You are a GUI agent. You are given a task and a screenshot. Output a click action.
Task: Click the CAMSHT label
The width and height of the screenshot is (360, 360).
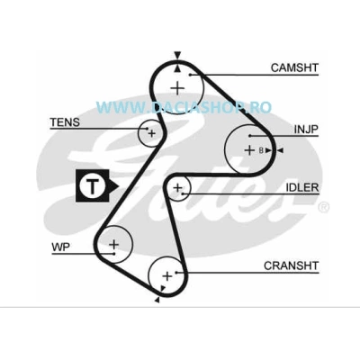click(294, 67)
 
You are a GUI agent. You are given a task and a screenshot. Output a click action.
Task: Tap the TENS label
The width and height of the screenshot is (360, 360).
click(65, 122)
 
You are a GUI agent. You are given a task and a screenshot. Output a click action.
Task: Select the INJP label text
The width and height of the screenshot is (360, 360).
click(306, 130)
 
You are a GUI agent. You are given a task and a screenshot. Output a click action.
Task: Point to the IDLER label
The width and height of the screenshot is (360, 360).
click(301, 187)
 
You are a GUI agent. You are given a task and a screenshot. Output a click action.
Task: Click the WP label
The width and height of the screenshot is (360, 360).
click(60, 247)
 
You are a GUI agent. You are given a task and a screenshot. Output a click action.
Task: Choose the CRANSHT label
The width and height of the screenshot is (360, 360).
click(291, 265)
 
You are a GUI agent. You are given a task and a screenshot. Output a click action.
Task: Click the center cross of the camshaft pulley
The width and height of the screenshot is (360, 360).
click(177, 88)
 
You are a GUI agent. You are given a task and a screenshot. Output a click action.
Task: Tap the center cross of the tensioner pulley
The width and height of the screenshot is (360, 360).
click(152, 133)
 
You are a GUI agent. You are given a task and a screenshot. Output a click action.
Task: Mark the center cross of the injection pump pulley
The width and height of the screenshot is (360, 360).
click(249, 149)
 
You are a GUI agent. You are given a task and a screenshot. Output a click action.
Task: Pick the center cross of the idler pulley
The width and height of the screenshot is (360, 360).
click(177, 188)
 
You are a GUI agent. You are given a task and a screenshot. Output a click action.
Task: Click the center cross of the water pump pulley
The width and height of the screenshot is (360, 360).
click(113, 244)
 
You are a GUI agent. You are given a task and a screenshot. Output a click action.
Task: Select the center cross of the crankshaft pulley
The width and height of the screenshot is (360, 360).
click(167, 276)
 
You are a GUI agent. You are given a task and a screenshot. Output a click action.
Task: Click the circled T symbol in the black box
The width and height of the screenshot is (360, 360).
click(93, 186)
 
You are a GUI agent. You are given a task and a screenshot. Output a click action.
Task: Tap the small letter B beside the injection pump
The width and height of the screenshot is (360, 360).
click(261, 150)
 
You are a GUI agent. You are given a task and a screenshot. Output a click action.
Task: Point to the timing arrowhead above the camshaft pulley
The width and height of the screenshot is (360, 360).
click(177, 55)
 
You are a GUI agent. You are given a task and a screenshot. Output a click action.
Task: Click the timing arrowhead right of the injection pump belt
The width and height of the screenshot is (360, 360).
click(280, 150)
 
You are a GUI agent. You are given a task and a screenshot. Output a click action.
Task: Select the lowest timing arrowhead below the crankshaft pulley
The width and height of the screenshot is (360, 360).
click(157, 300)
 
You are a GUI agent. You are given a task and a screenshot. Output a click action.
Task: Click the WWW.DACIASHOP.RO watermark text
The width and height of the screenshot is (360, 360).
click(184, 107)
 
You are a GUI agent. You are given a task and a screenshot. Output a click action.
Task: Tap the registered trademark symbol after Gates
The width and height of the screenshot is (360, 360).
click(323, 207)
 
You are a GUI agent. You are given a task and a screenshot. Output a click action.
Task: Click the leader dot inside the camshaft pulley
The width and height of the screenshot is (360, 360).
click(190, 75)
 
